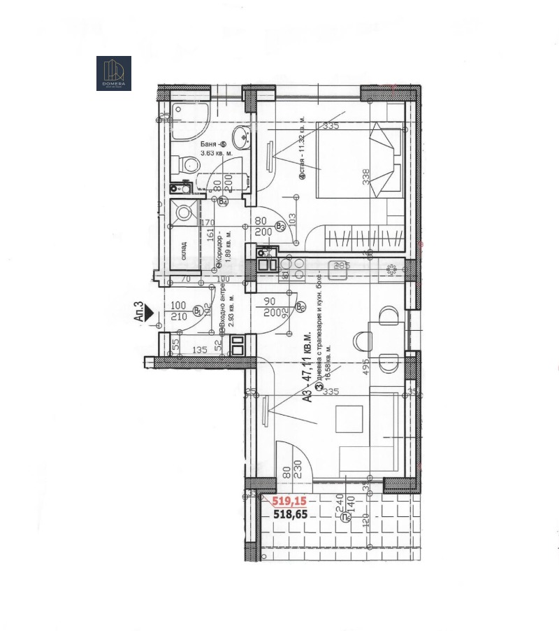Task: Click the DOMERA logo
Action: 113,73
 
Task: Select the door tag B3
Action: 280,226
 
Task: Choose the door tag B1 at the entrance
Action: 198,310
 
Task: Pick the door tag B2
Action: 300,306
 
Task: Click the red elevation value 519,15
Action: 289,501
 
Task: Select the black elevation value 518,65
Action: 289,513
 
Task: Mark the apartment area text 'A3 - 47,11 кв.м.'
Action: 306,374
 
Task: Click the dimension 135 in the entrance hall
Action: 199,350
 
